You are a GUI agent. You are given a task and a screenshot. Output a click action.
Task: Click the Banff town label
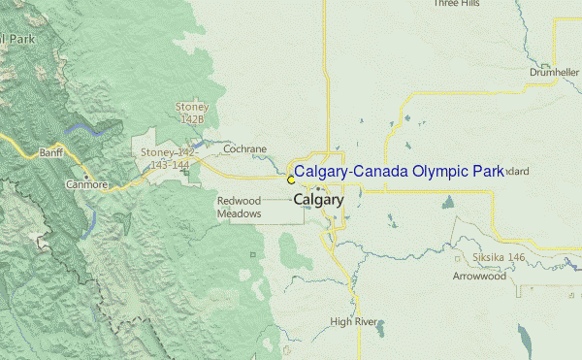tap(50, 152)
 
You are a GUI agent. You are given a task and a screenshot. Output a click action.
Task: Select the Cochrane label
tap(244, 149)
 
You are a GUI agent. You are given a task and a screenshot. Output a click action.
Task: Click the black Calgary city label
tap(318, 200)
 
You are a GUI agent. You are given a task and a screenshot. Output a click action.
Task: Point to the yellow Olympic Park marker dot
tap(291, 180)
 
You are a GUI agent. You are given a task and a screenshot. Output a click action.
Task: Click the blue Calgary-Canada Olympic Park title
tap(399, 172)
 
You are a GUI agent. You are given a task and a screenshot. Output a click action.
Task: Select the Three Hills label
tap(457, 4)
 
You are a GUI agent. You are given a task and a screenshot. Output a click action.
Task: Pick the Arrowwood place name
tap(479, 277)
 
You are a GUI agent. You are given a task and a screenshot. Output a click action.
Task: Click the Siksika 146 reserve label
tap(499, 257)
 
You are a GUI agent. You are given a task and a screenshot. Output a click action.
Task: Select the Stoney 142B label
tap(192, 113)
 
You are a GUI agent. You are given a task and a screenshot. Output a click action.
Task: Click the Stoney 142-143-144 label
tap(169, 159)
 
